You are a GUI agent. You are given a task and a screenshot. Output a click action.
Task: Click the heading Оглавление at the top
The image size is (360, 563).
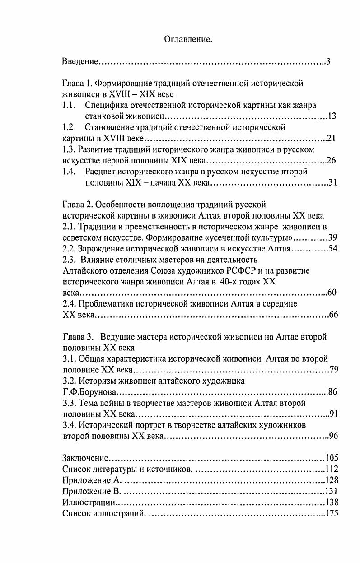(188, 40)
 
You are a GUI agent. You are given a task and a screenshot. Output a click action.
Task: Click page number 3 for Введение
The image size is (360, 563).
(328, 62)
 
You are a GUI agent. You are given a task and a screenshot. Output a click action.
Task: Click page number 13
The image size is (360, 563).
(332, 116)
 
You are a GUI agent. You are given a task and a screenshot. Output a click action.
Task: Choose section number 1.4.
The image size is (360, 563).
(69, 171)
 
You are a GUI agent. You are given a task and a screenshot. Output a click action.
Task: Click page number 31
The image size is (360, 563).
(332, 182)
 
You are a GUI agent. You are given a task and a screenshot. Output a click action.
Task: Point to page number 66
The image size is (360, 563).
(333, 315)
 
